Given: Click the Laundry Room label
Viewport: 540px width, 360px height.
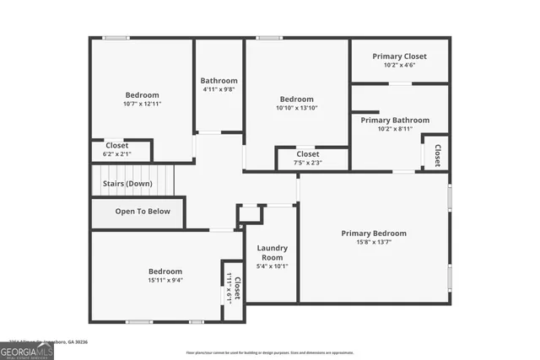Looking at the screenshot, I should pos(273,252).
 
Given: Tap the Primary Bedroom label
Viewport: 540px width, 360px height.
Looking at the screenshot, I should pos(374,234).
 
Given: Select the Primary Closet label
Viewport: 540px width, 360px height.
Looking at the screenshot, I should pos(400,56).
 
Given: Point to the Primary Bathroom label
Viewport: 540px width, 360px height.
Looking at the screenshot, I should pos(395,121).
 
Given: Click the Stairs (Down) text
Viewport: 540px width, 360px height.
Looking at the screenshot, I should pos(127,183).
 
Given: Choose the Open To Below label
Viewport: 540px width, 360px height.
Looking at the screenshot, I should pos(143,212).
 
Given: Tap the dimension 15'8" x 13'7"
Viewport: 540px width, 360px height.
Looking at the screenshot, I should pos(374,242).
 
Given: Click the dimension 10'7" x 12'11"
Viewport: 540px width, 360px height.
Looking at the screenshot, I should pos(143,104).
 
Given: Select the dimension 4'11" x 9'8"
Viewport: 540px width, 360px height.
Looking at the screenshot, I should pos(219,89).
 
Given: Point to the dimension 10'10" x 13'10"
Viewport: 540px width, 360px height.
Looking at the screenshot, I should pos(296,108).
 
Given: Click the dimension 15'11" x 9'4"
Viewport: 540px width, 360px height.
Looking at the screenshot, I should pos(165,280).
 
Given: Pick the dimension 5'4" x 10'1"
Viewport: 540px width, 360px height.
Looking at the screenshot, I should pos(273,266).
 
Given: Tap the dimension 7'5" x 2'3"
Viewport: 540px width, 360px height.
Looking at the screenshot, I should pos(307,163).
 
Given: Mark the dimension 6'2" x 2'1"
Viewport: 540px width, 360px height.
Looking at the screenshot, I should pos(117,154).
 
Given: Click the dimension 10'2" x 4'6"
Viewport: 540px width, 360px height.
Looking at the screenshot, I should pos(400,65).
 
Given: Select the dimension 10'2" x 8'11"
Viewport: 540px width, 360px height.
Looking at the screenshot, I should pos(395,129).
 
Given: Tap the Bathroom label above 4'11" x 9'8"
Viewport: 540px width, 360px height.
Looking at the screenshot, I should pos(219,81).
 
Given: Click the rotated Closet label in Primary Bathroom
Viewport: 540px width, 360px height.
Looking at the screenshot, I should pos(437,155).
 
